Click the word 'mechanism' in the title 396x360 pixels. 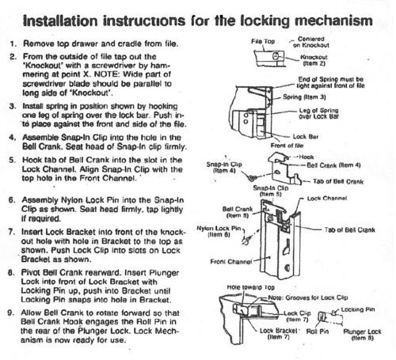pyautogui.click(x=333, y=21)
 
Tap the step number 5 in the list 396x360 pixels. pyautogui.click(x=12, y=161)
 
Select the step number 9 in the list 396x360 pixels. pyautogui.click(x=10, y=313)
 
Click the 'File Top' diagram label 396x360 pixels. pyautogui.click(x=263, y=41)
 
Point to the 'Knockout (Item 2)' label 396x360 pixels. pyautogui.click(x=314, y=60)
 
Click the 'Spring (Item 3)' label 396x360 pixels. pyautogui.click(x=304, y=97)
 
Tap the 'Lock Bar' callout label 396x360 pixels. pyautogui.click(x=306, y=137)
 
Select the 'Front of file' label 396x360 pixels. pyautogui.click(x=287, y=146)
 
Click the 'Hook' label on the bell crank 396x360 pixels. pyautogui.click(x=307, y=157)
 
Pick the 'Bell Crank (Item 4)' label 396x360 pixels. pyautogui.click(x=333, y=165)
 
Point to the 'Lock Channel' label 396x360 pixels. pyautogui.click(x=327, y=199)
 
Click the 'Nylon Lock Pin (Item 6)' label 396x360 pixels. pyautogui.click(x=219, y=231)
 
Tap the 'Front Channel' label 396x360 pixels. pyautogui.click(x=231, y=262)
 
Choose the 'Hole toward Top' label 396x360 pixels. pyautogui.click(x=251, y=287)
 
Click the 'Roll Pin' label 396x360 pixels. pyautogui.click(x=318, y=332)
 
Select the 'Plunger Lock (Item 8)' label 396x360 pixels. pyautogui.click(x=362, y=335)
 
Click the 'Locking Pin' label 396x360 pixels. pyautogui.click(x=358, y=309)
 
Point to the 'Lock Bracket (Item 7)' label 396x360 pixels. pyautogui.click(x=279, y=334)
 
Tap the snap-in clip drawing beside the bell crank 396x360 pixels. pyautogui.click(x=251, y=178)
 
